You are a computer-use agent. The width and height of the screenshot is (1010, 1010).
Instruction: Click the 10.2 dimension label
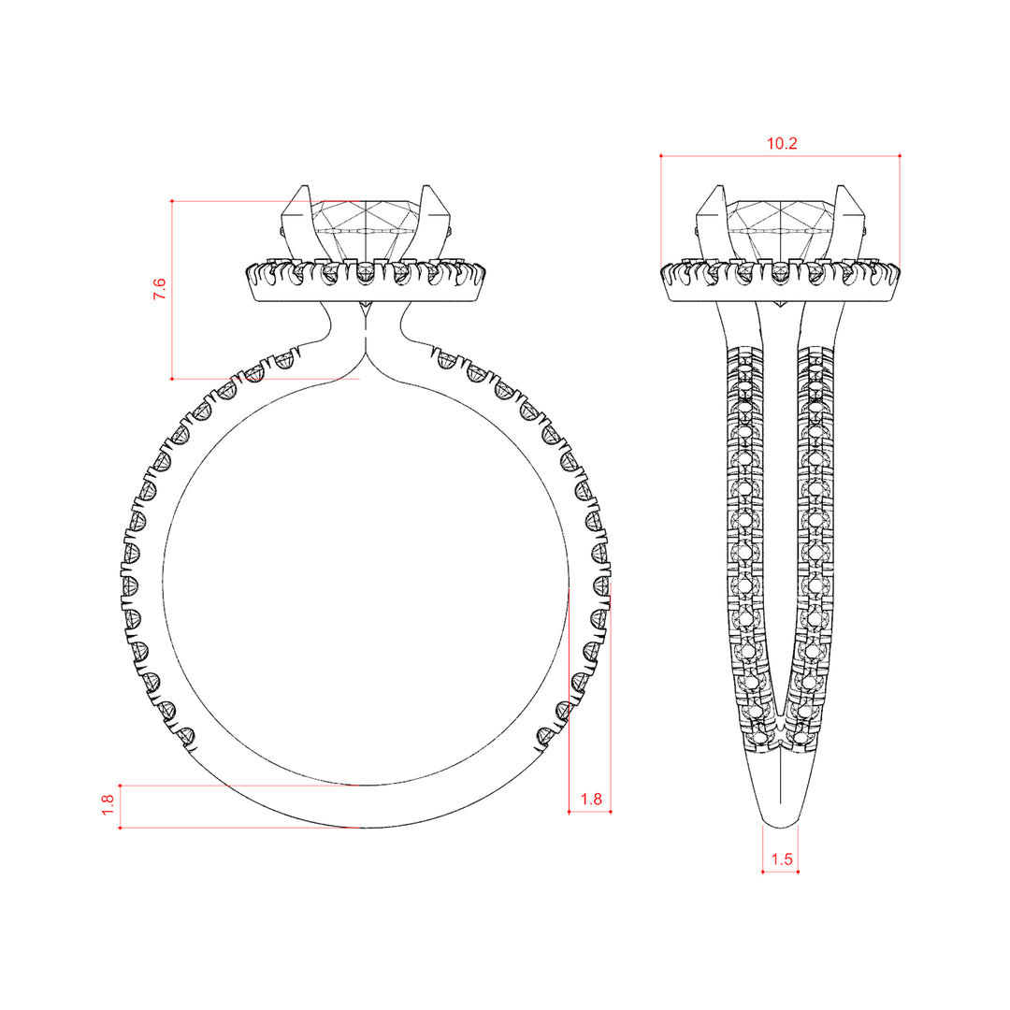click(781, 143)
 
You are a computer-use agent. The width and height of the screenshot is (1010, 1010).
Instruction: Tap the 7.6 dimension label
click(159, 289)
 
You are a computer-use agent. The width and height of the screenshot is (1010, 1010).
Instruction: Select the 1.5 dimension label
click(781, 858)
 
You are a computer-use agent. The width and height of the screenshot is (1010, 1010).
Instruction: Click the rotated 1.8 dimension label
click(108, 804)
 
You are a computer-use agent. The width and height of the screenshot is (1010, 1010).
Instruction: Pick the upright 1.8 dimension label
click(591, 799)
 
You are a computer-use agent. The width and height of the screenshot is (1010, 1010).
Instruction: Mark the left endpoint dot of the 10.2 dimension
click(661, 156)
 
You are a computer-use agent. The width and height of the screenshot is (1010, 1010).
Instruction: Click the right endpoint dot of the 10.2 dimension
click(900, 156)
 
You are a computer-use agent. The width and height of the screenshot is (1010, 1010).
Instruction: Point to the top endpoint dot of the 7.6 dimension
click(172, 201)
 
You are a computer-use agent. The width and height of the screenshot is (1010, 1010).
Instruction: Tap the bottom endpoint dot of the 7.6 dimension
click(172, 379)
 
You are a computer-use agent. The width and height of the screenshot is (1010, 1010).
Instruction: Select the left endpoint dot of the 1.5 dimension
click(763, 873)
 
